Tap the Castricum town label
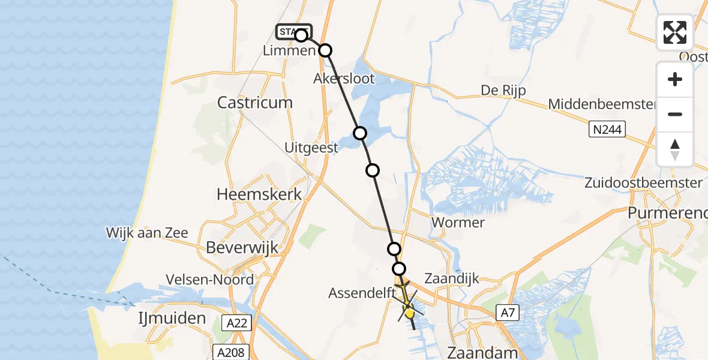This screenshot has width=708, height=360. pos(255,103)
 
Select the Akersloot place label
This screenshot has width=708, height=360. pos(344,79)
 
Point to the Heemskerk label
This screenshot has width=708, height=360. pos(259,195)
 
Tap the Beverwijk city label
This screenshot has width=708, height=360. pos(235,247)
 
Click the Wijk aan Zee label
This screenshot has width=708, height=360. pos(147,233)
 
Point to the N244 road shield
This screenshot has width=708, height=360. pos(607,129)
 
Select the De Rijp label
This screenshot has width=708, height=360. pos(503,91)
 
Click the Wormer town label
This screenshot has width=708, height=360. pos(458,223)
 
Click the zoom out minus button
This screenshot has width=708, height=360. pos(675,114)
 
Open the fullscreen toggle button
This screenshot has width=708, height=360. pos(675,32)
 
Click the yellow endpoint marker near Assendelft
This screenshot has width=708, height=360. pos(409,313)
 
